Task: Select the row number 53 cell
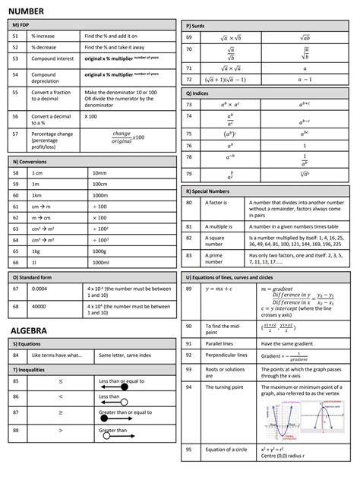click(16, 58)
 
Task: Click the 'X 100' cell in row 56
click(92, 116)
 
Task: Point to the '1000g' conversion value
click(100, 251)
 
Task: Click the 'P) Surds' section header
click(200, 26)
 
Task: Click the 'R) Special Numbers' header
click(212, 191)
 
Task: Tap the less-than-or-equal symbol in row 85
click(61, 381)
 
